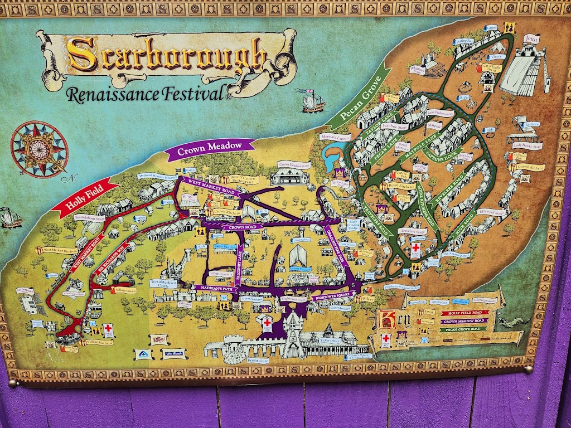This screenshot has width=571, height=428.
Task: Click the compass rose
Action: [39, 149]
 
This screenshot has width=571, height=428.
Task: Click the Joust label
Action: [531, 38]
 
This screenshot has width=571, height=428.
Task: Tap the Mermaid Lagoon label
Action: [336, 137]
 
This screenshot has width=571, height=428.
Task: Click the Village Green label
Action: [124, 290]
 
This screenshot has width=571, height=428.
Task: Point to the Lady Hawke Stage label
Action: [526, 145]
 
